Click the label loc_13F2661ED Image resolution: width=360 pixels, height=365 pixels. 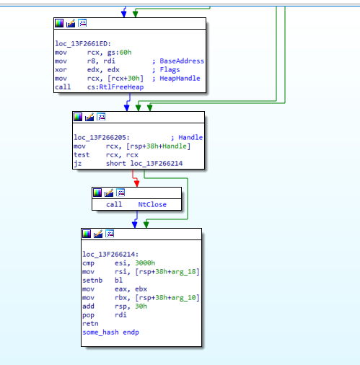[x=83, y=44]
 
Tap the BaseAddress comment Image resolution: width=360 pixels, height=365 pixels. [x=182, y=61]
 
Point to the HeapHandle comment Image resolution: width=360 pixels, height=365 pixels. [x=180, y=79]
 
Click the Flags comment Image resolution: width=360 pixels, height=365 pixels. [x=170, y=70]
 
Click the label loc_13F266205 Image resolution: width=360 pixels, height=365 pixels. [x=102, y=138]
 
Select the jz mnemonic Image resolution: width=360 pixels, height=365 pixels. [x=78, y=164]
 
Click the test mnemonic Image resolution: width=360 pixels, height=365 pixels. [x=82, y=155]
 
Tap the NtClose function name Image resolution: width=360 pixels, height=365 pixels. [x=152, y=205]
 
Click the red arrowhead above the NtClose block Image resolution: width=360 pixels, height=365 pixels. [x=137, y=184]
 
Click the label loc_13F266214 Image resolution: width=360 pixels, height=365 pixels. [x=110, y=255]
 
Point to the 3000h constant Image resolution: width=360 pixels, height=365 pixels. [x=145, y=263]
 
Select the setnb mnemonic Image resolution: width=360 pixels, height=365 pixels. [x=92, y=281]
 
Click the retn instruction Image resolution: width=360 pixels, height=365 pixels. [x=90, y=324]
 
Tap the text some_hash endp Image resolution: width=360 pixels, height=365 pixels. [x=110, y=333]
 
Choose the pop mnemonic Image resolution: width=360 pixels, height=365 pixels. [x=88, y=315]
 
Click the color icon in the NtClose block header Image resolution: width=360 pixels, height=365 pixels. [x=97, y=193]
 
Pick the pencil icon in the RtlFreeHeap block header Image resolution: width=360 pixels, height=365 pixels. [x=71, y=23]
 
